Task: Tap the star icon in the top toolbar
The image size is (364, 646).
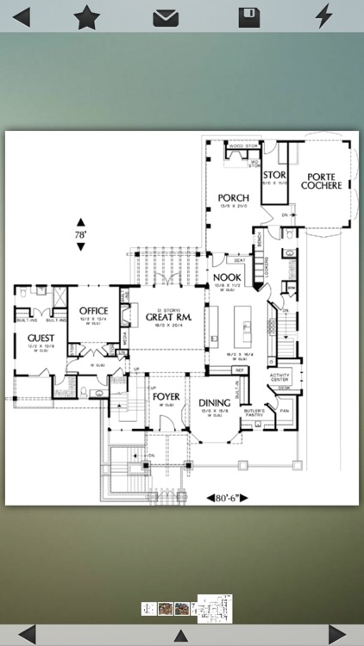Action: [86, 16]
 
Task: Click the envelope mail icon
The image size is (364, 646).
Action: [166, 17]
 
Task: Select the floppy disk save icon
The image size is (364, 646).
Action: [249, 16]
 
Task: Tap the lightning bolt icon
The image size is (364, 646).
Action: [323, 16]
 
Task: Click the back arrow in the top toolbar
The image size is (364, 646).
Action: [21, 16]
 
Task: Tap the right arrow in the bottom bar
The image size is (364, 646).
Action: [338, 635]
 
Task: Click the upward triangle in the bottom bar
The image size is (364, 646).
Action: [180, 636]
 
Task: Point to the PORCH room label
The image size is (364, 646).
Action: [233, 198]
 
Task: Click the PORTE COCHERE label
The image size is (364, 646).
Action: [320, 180]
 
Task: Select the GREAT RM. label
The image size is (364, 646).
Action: [166, 316]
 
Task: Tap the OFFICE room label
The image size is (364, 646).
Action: [93, 311]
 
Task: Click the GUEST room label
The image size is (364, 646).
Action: [41, 338]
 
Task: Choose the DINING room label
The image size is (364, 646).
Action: [214, 402]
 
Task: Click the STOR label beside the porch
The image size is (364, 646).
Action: [274, 175]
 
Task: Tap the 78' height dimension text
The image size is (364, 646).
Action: [80, 234]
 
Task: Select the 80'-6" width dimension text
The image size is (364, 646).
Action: [228, 497]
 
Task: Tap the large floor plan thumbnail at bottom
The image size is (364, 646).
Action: [215, 608]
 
